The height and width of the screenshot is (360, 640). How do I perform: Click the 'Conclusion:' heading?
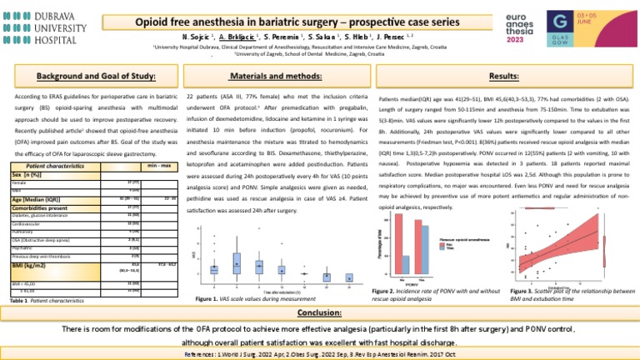[319, 313]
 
